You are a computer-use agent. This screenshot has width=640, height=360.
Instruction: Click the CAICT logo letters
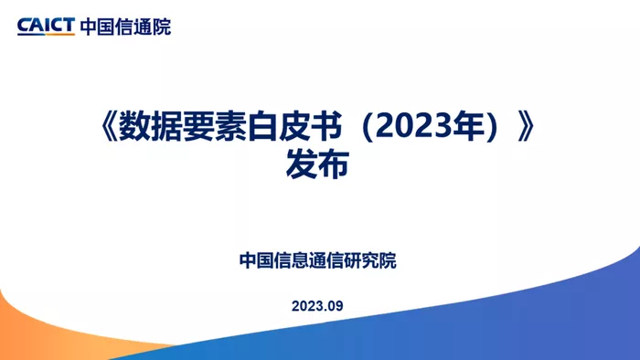click(x=46, y=26)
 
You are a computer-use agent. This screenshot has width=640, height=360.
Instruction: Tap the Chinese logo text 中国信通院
click(x=126, y=26)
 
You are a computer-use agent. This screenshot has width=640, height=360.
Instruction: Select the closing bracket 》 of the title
click(x=526, y=126)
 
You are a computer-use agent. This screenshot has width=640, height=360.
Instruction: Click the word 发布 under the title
click(x=317, y=164)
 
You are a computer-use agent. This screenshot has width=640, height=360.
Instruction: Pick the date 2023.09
click(x=317, y=306)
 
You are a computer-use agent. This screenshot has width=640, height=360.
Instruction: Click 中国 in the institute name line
click(x=256, y=260)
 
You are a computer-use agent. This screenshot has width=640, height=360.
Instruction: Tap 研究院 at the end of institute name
click(x=370, y=260)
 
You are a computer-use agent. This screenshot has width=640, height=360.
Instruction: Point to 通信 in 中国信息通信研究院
click(x=326, y=260)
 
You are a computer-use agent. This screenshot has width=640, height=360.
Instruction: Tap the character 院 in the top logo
click(x=162, y=26)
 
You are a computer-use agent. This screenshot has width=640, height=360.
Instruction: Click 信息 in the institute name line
click(x=291, y=260)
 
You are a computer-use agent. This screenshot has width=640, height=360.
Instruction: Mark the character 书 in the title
click(x=326, y=126)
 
